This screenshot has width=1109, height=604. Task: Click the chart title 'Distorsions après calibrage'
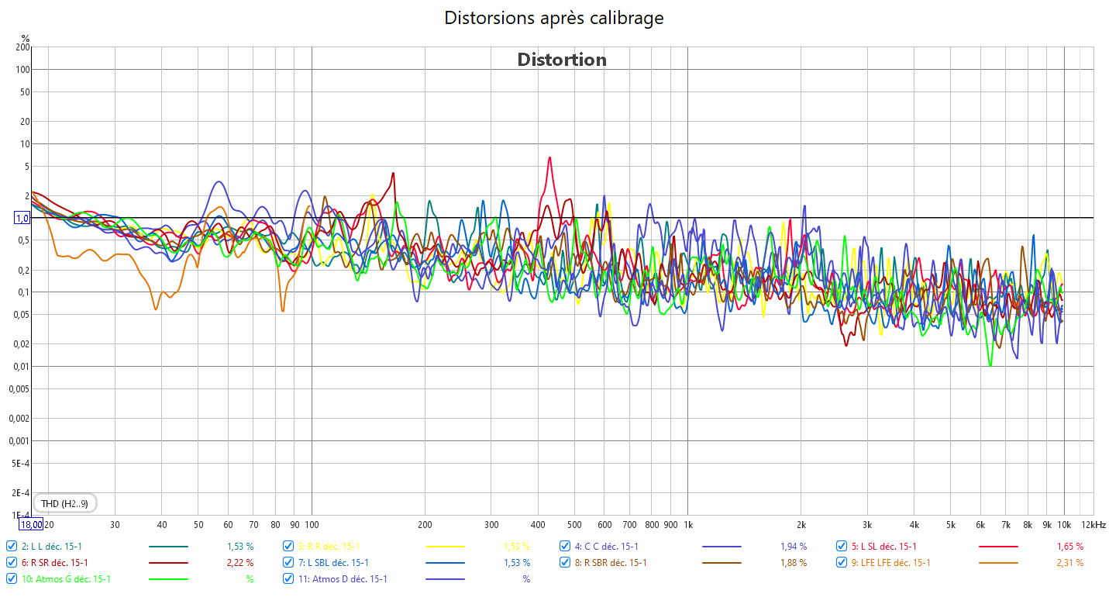[553, 18]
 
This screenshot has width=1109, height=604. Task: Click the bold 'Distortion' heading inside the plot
[562, 60]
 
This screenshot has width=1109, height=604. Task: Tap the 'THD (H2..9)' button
[64, 504]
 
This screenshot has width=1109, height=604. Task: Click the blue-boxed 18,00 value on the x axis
[32, 525]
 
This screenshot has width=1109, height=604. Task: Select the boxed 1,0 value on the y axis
[22, 218]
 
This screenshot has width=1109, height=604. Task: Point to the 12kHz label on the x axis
[1093, 525]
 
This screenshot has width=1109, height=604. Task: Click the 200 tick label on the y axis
[22, 47]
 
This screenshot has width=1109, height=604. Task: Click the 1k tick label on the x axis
[687, 525]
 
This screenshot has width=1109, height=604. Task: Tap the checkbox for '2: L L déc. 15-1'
[12, 546]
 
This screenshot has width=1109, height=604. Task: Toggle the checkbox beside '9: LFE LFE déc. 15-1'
[842, 562]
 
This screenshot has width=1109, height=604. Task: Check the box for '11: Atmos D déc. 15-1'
[288, 578]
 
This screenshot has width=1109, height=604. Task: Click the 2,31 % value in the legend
[1070, 562]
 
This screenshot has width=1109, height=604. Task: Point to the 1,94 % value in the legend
[794, 546]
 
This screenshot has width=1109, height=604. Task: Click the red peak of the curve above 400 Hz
[549, 158]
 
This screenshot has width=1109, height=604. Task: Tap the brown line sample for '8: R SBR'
[722, 562]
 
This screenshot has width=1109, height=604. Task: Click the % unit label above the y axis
[26, 38]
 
